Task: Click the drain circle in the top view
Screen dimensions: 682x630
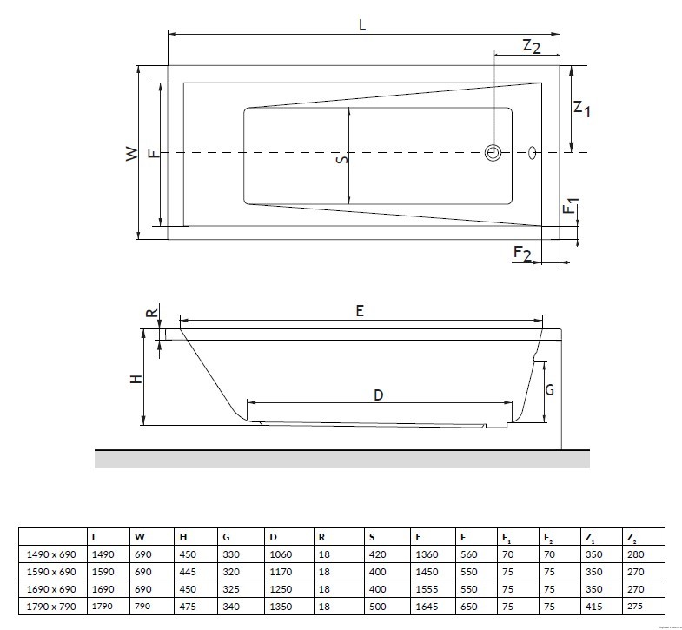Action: [493, 153]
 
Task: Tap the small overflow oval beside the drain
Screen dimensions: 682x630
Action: [533, 153]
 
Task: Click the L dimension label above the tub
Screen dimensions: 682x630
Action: [362, 25]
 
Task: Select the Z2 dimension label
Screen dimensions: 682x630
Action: [532, 46]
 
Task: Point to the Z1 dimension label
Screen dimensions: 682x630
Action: [582, 109]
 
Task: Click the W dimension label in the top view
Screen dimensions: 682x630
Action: [131, 154]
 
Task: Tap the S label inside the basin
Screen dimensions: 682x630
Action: [342, 160]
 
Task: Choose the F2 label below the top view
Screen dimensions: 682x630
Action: [522, 253]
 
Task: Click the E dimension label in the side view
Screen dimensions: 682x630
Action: [360, 310]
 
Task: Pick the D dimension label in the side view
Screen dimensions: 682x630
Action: [379, 395]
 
